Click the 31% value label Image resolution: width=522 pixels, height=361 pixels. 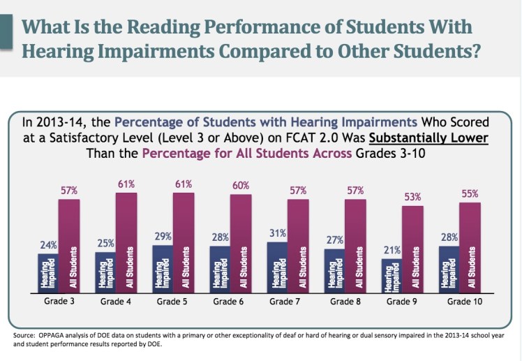click(x=277, y=233)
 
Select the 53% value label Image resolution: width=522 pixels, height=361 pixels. click(x=412, y=197)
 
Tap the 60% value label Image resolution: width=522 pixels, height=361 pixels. click(x=241, y=186)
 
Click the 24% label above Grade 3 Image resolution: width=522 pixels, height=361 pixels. click(x=47, y=245)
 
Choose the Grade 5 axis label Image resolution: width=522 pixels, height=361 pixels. click(x=172, y=302)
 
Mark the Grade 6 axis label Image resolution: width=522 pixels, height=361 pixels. click(x=229, y=302)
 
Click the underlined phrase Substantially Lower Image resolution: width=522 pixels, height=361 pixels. click(x=431, y=137)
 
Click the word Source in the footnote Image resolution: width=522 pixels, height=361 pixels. click(x=23, y=336)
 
